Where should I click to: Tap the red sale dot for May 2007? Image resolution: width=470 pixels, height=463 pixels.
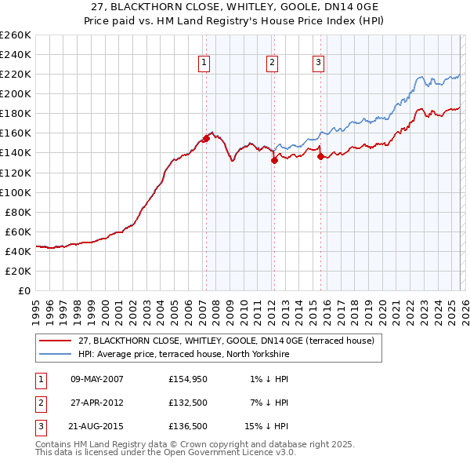[206, 138]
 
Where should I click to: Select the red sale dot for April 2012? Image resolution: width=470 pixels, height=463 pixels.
[274, 160]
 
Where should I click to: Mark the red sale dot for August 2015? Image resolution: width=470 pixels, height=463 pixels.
[320, 156]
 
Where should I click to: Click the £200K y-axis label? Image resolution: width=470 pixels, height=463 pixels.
[16, 93]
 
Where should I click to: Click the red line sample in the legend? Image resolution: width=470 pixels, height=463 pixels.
[56, 341]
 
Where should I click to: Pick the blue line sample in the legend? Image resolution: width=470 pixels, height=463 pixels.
[56, 354]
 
